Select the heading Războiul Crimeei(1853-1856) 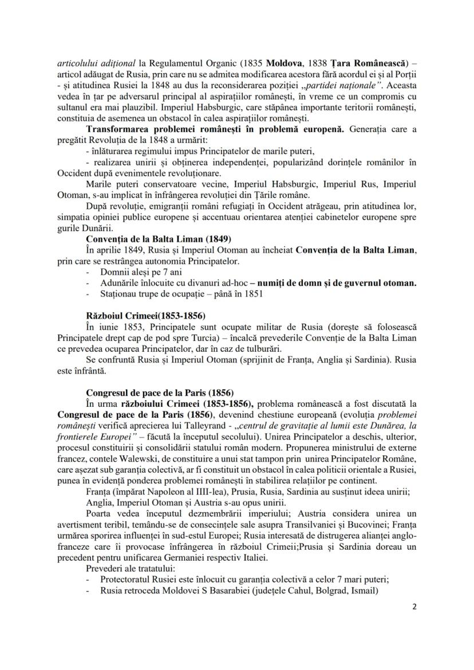click(x=145, y=315)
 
